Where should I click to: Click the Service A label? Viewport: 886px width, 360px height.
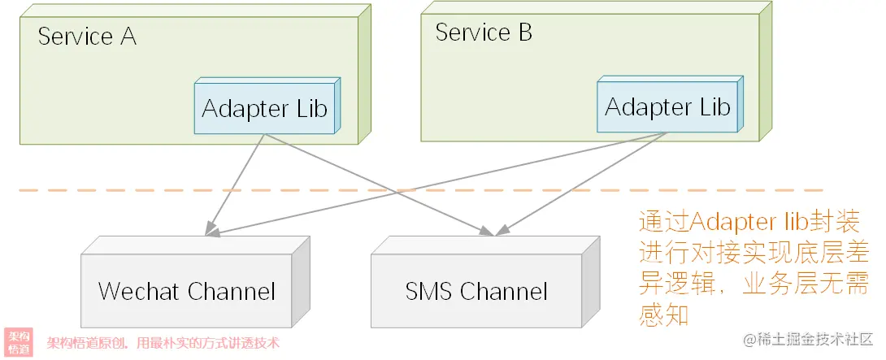click(x=87, y=37)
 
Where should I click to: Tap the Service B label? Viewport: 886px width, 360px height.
click(x=484, y=33)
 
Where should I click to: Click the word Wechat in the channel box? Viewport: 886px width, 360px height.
click(x=139, y=291)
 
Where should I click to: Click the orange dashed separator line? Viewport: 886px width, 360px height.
click(x=421, y=190)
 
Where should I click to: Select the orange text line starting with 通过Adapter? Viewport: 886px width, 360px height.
click(x=749, y=223)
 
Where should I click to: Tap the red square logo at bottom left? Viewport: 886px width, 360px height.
click(x=19, y=342)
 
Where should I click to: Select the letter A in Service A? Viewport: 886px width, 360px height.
click(x=128, y=37)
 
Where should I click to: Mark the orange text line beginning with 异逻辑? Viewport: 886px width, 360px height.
click(x=754, y=284)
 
